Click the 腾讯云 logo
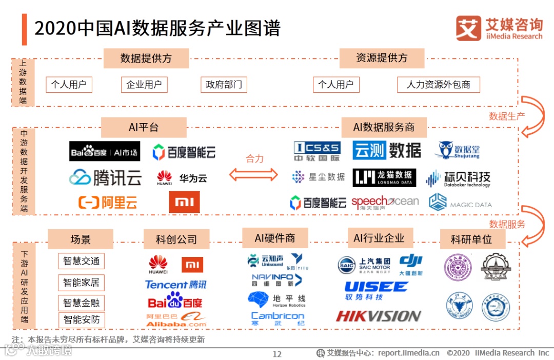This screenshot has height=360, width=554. [105, 177]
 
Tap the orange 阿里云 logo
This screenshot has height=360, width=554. [108, 203]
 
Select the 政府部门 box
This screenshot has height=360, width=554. [224, 85]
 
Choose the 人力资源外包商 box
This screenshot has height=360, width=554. [438, 85]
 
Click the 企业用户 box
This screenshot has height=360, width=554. [144, 85]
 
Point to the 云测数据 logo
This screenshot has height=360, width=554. [387, 150]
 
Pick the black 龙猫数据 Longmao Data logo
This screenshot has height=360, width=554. [384, 177]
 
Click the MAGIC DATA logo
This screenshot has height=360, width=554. [460, 203]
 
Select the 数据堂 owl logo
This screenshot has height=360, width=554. [459, 150]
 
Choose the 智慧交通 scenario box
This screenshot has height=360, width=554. [81, 261]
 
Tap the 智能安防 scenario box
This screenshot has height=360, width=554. [81, 321]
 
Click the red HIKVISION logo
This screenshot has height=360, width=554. [379, 316]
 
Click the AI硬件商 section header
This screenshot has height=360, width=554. [275, 238]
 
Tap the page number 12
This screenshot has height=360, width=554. [277, 354]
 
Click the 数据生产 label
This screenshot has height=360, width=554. [507, 116]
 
